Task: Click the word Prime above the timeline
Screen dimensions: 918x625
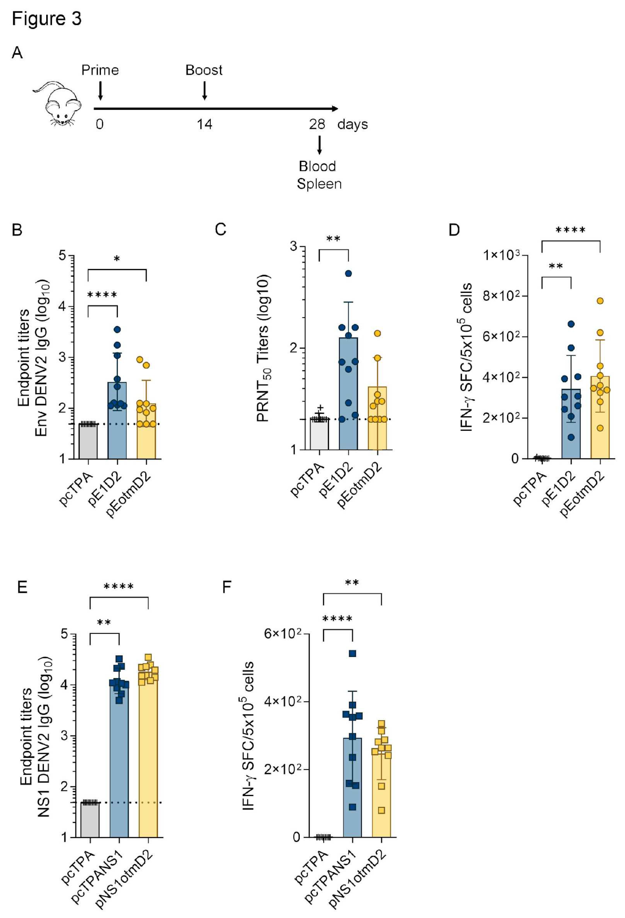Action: coord(100,70)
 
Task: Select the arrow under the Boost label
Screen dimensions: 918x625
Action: coord(204,90)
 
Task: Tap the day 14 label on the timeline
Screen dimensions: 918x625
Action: coord(204,124)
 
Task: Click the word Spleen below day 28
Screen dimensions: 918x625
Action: coord(319,184)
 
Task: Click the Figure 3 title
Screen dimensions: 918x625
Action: coord(47,18)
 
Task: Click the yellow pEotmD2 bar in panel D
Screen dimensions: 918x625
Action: coord(600,427)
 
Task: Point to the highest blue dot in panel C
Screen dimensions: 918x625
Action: coord(348,273)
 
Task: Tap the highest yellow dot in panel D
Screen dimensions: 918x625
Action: coord(600,301)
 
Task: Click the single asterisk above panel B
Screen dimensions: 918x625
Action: coord(117,259)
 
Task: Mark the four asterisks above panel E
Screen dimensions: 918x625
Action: coord(119,587)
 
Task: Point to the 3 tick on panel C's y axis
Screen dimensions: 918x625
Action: coord(294,246)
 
